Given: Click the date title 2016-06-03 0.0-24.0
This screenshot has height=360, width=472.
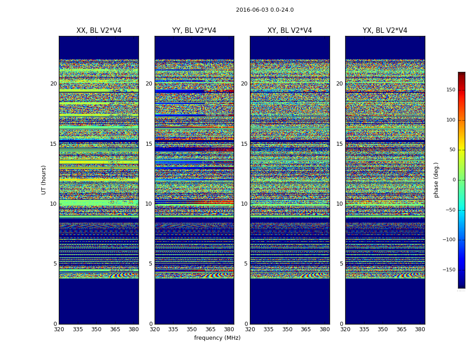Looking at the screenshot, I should (265, 10).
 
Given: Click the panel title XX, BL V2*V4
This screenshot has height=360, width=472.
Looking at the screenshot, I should (99, 31).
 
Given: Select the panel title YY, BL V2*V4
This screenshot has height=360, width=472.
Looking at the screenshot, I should (194, 31).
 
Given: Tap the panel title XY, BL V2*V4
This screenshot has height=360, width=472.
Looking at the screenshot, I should (289, 31).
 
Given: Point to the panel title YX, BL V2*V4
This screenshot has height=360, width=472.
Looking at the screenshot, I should (385, 31).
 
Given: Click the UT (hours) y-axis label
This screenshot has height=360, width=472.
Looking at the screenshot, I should (44, 180).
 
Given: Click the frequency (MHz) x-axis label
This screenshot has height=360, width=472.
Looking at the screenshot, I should (217, 338).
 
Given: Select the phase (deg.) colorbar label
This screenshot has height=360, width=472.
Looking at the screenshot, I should (436, 180).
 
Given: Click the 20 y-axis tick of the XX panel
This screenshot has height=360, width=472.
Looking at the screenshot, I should (53, 84).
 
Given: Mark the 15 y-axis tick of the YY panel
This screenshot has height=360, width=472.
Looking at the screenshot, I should (149, 144).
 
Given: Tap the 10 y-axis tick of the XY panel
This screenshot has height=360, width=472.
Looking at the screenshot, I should (244, 204).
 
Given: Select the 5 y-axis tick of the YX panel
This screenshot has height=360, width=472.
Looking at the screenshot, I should (341, 264).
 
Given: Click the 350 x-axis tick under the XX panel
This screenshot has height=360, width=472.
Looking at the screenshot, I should (96, 329).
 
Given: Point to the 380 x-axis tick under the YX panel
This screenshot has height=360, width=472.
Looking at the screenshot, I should (420, 329).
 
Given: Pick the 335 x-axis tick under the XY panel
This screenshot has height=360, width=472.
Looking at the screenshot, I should (268, 329).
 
